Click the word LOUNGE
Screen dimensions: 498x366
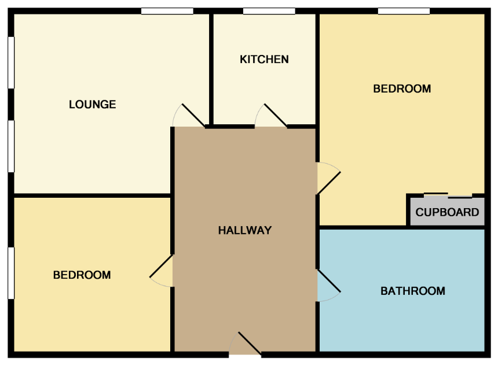[x=93, y=104]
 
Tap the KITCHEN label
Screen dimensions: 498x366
[x=264, y=60]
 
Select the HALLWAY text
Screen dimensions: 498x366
[x=245, y=230]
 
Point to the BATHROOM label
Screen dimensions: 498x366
[x=413, y=291]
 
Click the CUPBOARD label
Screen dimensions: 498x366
[x=447, y=212]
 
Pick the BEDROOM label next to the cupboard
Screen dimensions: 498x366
[x=402, y=88]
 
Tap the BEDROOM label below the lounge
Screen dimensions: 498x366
[x=82, y=275]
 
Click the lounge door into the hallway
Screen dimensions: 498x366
[x=193, y=115]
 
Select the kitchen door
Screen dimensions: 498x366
[x=275, y=115]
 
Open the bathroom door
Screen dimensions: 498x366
[x=329, y=280]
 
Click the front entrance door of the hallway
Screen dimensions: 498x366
[x=250, y=343]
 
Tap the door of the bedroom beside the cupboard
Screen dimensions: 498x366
[x=329, y=183]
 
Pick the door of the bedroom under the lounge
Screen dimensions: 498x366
[x=161, y=266]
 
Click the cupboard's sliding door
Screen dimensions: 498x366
[x=448, y=195]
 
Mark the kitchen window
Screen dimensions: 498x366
[x=269, y=11]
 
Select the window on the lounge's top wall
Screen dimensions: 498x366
[x=167, y=11]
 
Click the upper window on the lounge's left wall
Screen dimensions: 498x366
[x=11, y=62]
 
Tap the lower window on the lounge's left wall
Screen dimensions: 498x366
[x=11, y=146]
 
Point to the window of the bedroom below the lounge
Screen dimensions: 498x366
[x=11, y=273]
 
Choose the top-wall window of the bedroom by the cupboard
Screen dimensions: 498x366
[x=404, y=11]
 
